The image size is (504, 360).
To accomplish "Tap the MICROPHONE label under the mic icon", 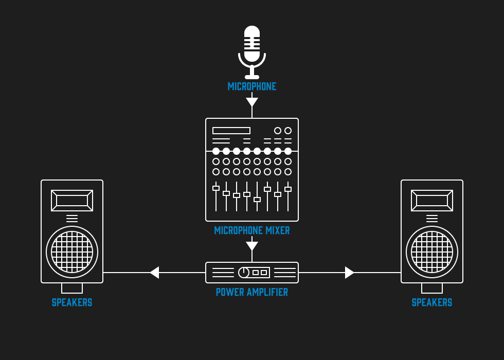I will (252, 86).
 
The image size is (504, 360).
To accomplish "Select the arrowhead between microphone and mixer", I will (252, 102).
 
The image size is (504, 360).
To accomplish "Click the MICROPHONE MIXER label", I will (252, 230).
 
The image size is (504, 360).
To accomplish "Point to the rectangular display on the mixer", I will (231, 131).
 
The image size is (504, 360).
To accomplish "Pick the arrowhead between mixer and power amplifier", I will (252, 246).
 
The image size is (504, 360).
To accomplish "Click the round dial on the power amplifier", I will (244, 273).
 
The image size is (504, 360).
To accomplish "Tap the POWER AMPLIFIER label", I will (252, 292).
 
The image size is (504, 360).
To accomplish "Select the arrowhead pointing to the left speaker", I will (154, 273).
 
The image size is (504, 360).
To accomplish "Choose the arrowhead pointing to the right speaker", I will (349, 273).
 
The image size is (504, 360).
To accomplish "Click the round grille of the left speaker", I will (72, 252).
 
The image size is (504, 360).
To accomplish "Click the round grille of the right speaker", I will (432, 252).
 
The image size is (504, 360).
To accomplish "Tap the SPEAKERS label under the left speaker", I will (72, 302).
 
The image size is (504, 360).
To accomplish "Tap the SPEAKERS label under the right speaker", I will (432, 302).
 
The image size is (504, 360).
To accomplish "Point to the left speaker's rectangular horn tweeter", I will (72, 201).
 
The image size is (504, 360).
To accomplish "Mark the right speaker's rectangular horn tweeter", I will (432, 201).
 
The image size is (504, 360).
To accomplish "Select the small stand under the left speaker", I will (72, 288).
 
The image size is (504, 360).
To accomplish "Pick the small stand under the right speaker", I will (432, 288).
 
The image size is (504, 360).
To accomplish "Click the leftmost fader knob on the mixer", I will (216, 188).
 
